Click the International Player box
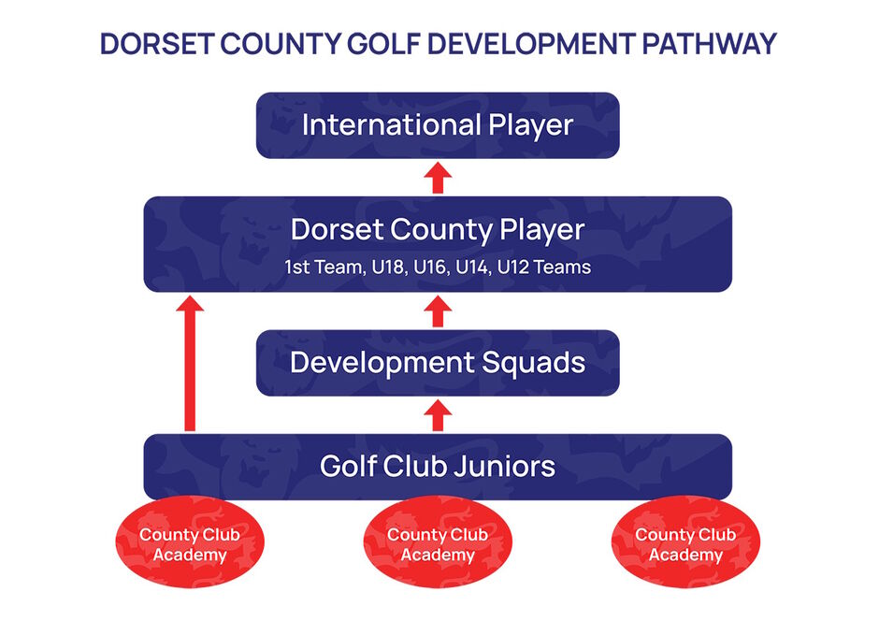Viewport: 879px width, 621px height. coord(438,125)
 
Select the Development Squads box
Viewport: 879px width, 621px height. coord(438,363)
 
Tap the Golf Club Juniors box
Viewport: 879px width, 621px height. coord(438,467)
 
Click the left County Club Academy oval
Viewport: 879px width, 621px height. coord(190,542)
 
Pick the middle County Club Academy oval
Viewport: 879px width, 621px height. coord(438,542)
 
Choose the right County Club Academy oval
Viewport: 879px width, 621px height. coord(685,542)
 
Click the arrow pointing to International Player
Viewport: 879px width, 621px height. coord(438,178)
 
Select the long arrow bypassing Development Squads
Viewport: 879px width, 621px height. coord(190,363)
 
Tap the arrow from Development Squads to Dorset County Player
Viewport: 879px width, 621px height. coord(438,311)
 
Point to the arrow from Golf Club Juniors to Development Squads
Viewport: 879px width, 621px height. coord(438,415)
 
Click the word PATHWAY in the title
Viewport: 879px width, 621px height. coord(709,44)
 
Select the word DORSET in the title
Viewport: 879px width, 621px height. coord(157,44)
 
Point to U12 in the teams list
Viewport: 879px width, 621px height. coord(513,267)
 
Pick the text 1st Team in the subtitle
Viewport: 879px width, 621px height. coord(324,267)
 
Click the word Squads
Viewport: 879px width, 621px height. coord(533,363)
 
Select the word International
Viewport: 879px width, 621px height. coord(391,125)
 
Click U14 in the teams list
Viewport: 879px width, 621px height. coord(472,267)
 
